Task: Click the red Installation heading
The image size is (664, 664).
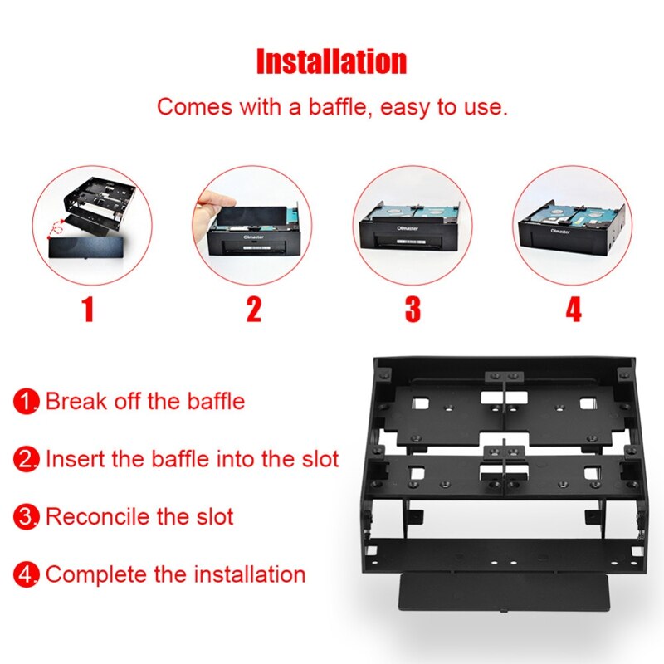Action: click(331, 61)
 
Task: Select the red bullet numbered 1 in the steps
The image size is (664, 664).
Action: click(27, 403)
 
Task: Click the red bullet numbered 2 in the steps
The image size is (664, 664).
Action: click(27, 459)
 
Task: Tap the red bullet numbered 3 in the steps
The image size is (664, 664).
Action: click(27, 517)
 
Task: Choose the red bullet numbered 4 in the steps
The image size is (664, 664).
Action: click(27, 574)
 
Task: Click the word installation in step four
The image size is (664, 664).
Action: click(249, 574)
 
